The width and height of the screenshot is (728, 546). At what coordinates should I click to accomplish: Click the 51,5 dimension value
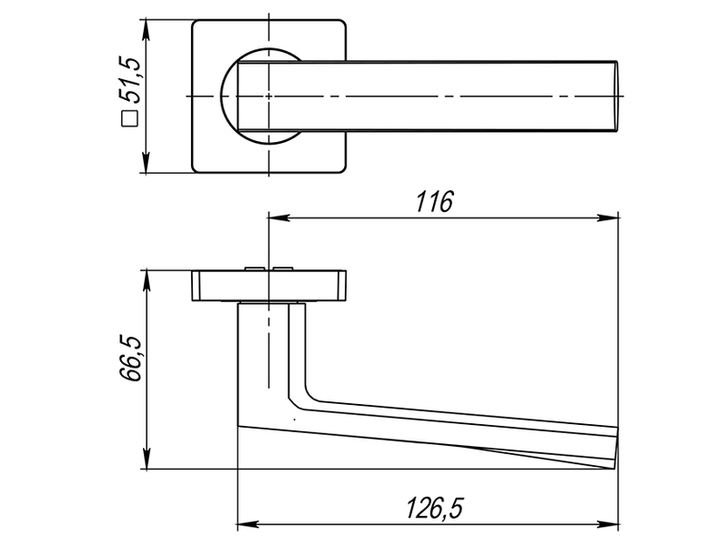[129, 80]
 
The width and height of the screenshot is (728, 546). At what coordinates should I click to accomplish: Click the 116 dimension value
[434, 201]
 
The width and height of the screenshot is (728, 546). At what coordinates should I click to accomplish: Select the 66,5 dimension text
[129, 359]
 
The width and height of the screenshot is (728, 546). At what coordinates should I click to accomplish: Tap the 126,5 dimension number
[435, 508]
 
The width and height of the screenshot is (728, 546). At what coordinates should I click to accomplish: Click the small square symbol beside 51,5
[129, 119]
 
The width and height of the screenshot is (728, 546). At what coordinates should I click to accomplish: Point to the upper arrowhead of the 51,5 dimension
[147, 29]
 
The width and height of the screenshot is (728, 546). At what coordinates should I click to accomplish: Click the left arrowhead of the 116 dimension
[278, 217]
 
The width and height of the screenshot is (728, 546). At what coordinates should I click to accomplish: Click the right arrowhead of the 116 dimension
[608, 217]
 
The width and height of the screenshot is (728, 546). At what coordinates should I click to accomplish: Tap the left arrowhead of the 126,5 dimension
[248, 525]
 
